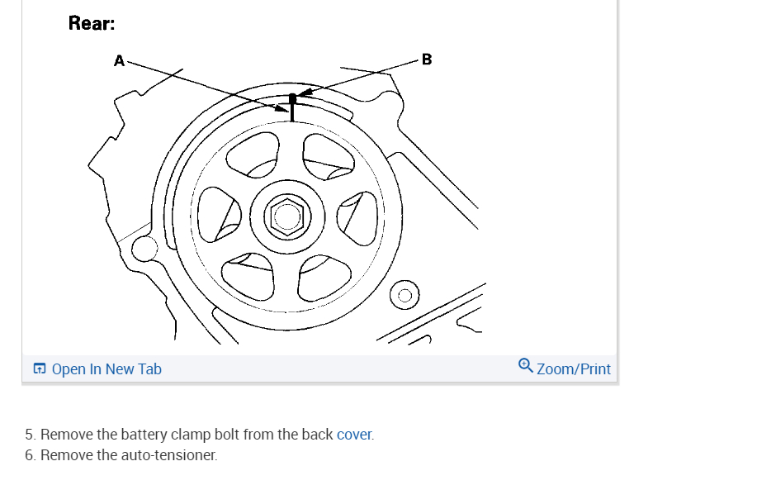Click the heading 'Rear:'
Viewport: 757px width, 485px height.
(91, 23)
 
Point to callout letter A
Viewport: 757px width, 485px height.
(120, 60)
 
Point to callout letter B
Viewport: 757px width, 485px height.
(426, 59)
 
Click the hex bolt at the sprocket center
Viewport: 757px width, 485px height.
(286, 216)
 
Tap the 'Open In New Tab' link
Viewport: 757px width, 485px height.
(106, 369)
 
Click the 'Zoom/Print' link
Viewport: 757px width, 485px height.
(574, 369)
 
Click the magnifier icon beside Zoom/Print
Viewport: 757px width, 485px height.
(526, 365)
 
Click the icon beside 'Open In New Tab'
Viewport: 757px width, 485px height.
(40, 369)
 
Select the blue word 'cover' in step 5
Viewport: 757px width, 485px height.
(354, 435)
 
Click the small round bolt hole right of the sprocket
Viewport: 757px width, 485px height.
(405, 294)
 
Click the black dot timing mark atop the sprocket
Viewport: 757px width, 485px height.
(292, 97)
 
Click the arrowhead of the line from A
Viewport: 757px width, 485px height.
(282, 107)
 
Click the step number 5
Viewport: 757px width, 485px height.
(30, 435)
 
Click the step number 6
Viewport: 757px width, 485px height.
(30, 455)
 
